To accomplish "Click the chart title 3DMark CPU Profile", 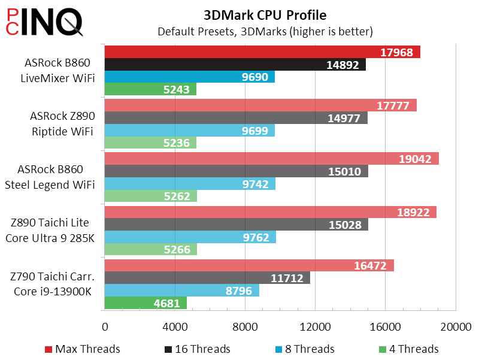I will tap(265, 14).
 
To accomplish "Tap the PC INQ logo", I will tap(45, 23).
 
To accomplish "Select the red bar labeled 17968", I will tap(262, 52).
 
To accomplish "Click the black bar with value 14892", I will tap(235, 65).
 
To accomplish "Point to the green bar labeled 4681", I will tap(145, 303).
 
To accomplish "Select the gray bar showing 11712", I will tap(207, 277).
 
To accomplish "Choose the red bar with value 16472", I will tap(249, 265).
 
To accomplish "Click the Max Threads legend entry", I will tap(83, 349).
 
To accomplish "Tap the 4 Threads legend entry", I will tap(413, 349).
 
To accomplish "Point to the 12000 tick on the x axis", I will tap(315, 326).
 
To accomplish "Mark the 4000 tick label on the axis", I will tap(175, 326).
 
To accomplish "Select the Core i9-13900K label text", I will tap(54, 291).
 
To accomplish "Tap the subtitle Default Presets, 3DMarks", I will tap(265, 31).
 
